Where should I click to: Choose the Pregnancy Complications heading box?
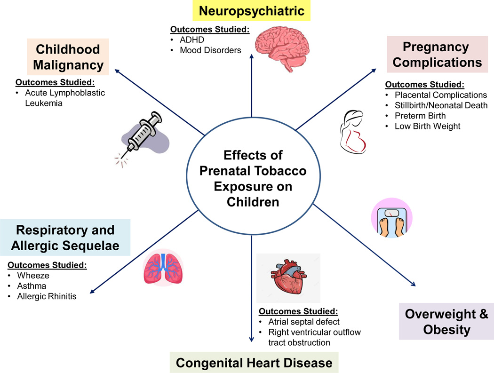(x=435, y=55)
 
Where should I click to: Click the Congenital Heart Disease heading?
(x=254, y=363)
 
